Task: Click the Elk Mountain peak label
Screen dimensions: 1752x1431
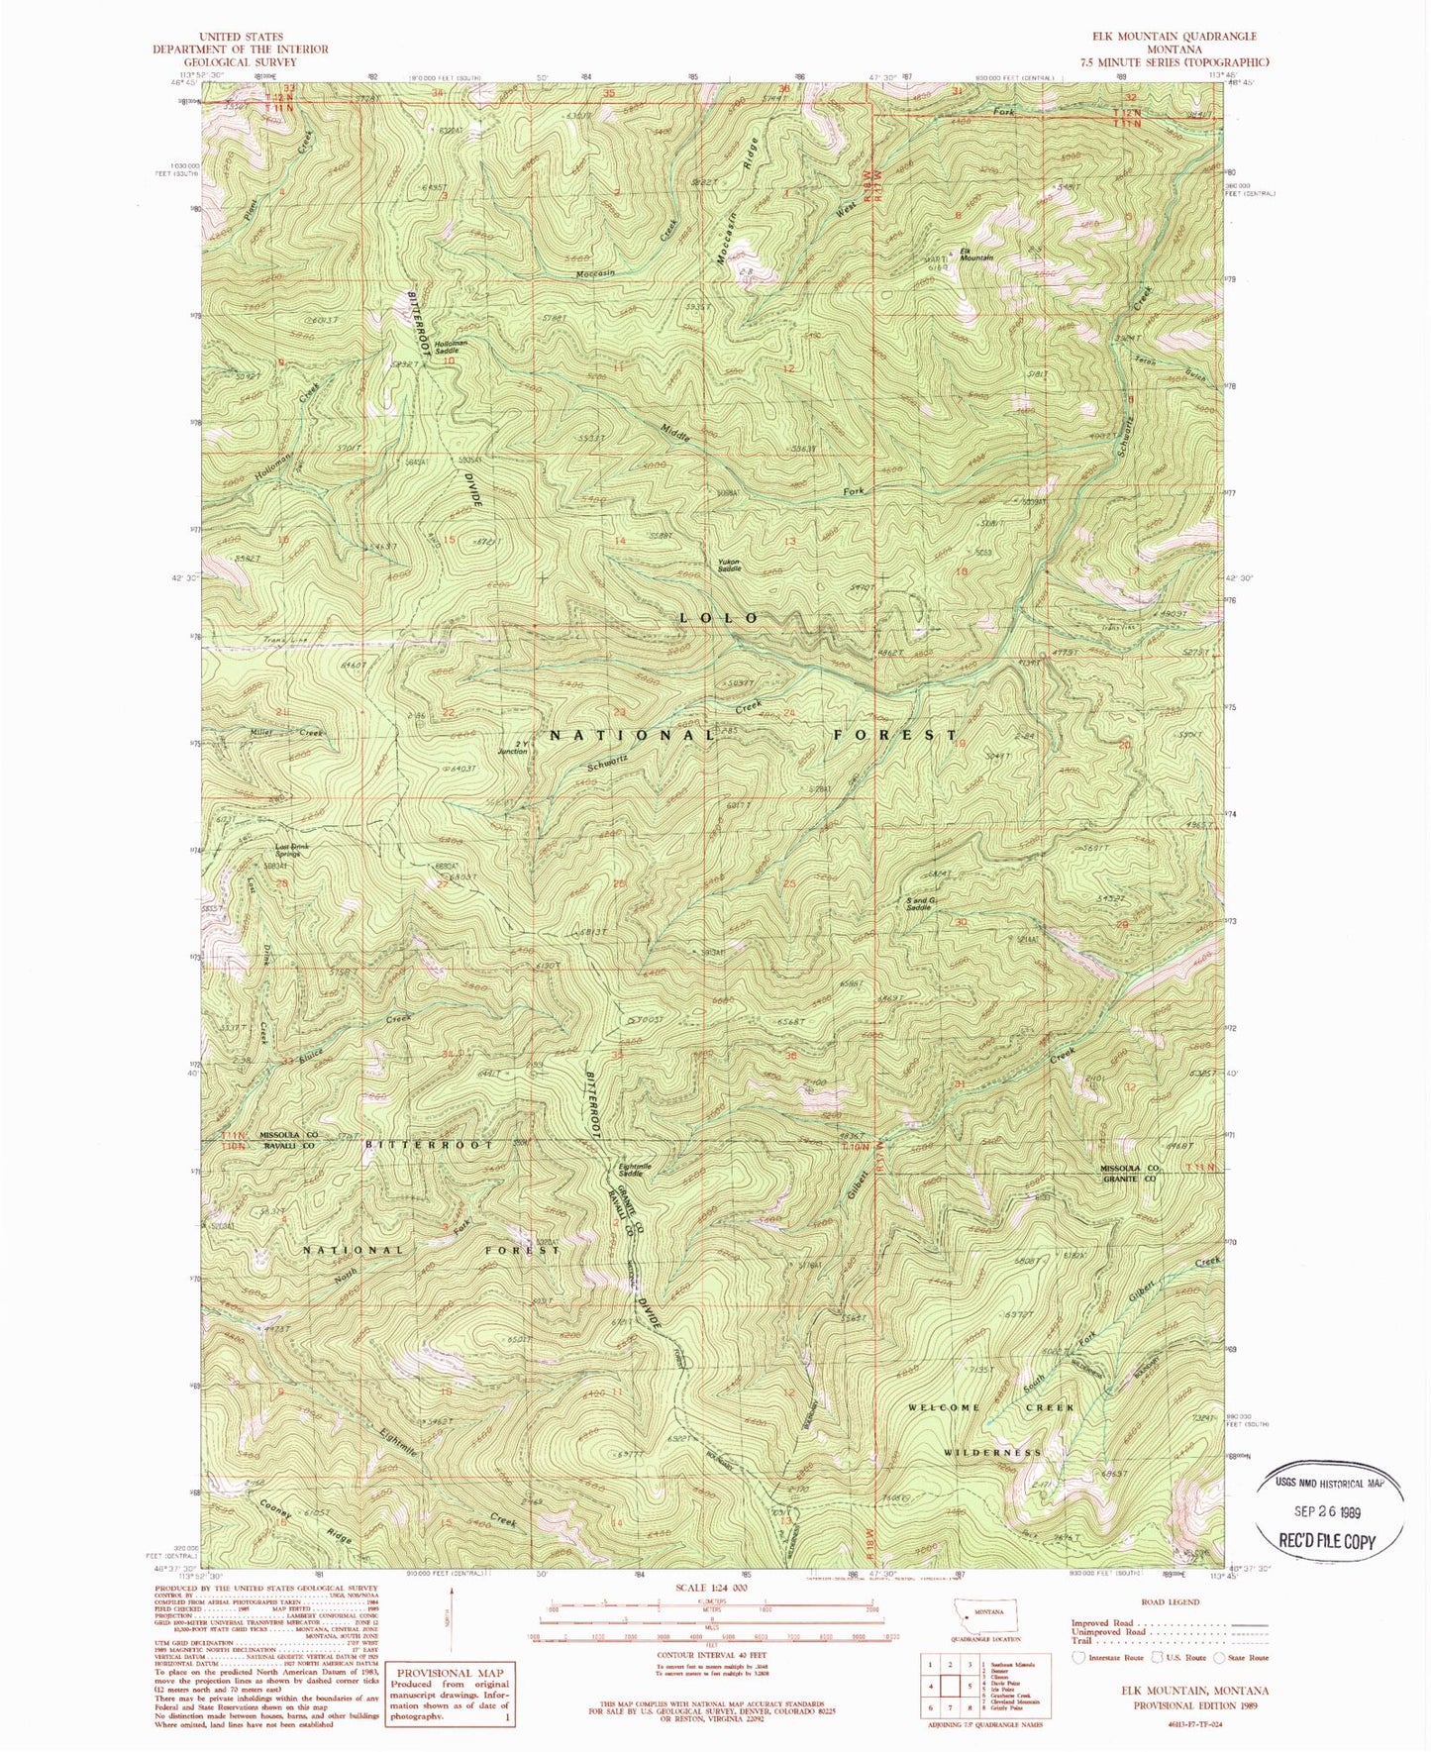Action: click(973, 255)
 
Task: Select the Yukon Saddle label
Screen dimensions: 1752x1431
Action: click(730, 567)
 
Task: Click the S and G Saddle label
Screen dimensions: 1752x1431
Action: click(921, 902)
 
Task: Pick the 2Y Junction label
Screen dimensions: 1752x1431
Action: click(513, 748)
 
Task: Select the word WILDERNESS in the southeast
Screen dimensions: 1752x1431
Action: click(992, 1452)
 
